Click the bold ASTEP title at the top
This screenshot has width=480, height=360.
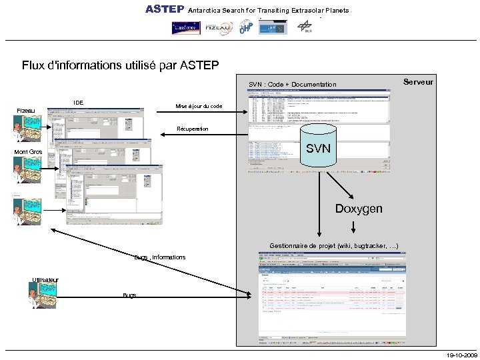[x=165, y=9]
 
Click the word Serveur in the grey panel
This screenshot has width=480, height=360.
[x=419, y=82]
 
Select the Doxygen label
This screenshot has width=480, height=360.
[x=359, y=209]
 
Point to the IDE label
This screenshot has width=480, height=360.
[x=79, y=103]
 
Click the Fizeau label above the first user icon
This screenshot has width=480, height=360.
[x=26, y=110]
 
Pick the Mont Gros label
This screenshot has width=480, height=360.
[x=29, y=153]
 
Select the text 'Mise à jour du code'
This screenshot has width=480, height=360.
[x=199, y=107]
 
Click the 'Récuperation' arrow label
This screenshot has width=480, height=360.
[x=193, y=129]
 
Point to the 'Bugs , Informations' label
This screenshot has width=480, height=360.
[x=160, y=257]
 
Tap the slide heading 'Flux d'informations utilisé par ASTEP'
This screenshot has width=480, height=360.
[x=120, y=65]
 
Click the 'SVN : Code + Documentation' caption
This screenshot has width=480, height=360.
[x=293, y=85]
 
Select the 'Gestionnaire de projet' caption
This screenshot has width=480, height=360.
[x=334, y=246]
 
